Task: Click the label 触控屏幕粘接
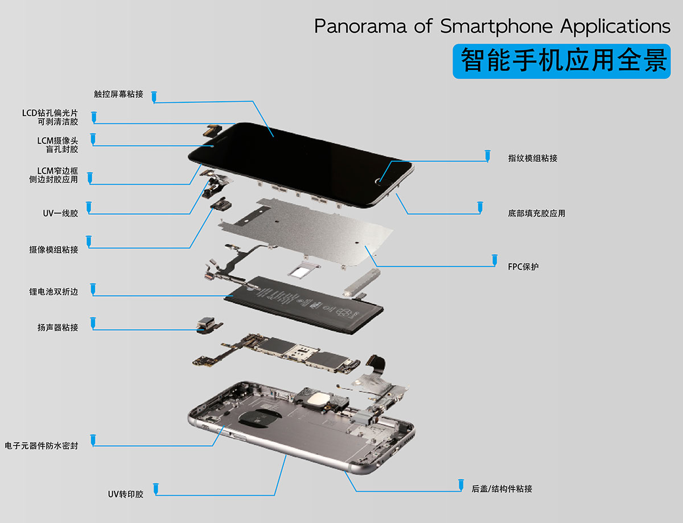[118, 94]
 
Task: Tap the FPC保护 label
[523, 267]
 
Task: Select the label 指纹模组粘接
[532, 158]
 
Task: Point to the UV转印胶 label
[125, 495]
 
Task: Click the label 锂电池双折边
[54, 292]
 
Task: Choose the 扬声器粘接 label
[57, 328]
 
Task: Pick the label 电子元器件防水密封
[41, 446]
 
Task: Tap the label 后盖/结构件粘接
[501, 489]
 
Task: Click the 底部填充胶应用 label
[536, 214]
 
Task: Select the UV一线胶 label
[60, 214]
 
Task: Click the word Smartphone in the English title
[496, 27]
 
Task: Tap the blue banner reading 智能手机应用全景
[562, 61]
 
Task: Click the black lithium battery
[303, 305]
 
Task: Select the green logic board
[277, 353]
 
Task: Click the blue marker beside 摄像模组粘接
[89, 241]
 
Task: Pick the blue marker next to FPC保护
[495, 260]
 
